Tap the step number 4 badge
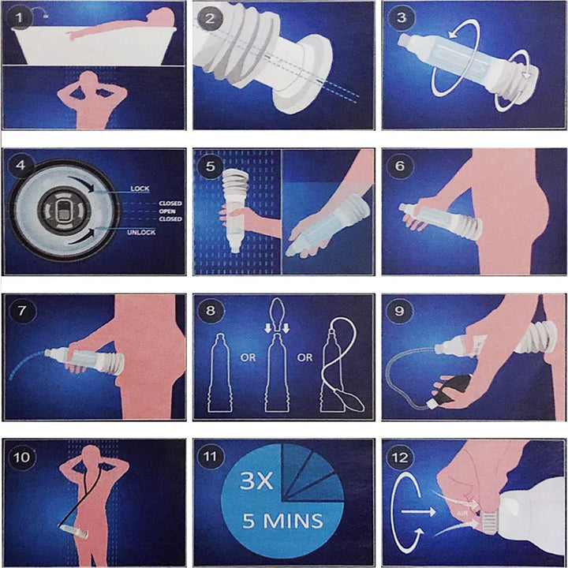click(21, 167)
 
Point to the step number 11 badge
click(211, 458)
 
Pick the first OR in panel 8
click(248, 357)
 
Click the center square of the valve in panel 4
click(61, 211)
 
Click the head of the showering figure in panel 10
click(94, 456)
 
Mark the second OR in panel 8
click(305, 357)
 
